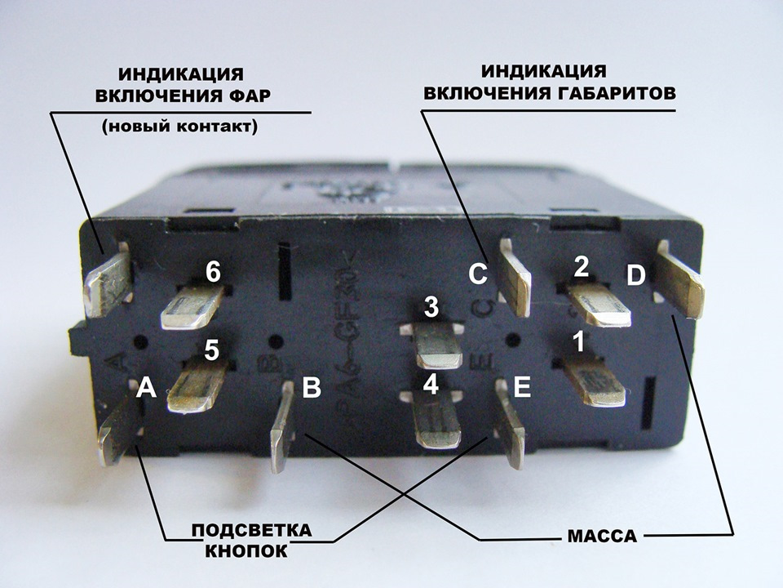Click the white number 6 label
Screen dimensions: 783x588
click(x=213, y=273)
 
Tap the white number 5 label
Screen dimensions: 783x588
click(x=212, y=350)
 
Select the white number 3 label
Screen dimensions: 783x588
click(x=431, y=307)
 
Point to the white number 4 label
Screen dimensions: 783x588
click(x=431, y=384)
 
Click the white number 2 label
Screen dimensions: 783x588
click(x=581, y=268)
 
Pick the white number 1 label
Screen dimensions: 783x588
click(x=579, y=343)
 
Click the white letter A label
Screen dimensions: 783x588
click(x=146, y=387)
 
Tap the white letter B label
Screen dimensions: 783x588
click(x=312, y=387)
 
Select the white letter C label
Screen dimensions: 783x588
click(x=478, y=274)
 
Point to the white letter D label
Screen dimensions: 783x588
click(x=635, y=276)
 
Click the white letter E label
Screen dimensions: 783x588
click(x=522, y=387)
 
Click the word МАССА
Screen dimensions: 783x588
click(x=602, y=537)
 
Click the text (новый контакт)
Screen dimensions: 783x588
click(x=179, y=127)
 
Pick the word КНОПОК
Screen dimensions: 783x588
click(x=246, y=551)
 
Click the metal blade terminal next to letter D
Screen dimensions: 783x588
click(x=680, y=279)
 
